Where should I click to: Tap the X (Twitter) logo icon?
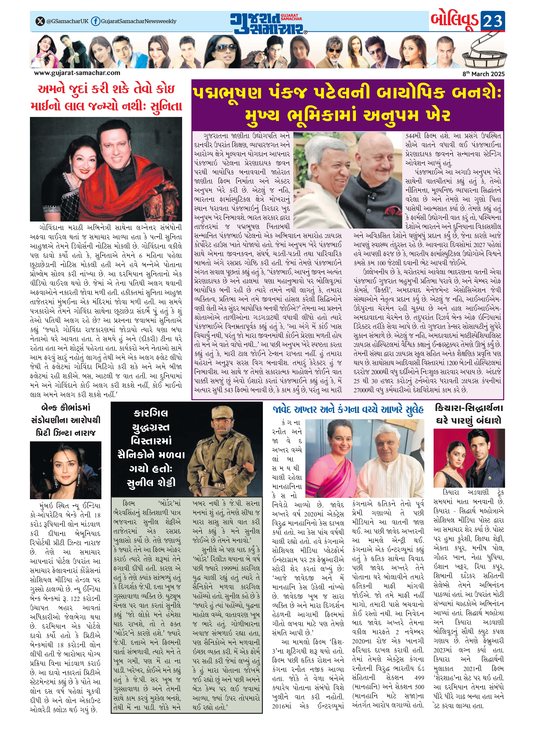click(x=40, y=21)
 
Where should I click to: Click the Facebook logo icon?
click(x=95, y=21)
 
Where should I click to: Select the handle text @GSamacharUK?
click(x=67, y=21)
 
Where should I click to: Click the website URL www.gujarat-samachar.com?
click(x=77, y=73)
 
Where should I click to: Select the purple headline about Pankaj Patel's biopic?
click(x=347, y=104)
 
